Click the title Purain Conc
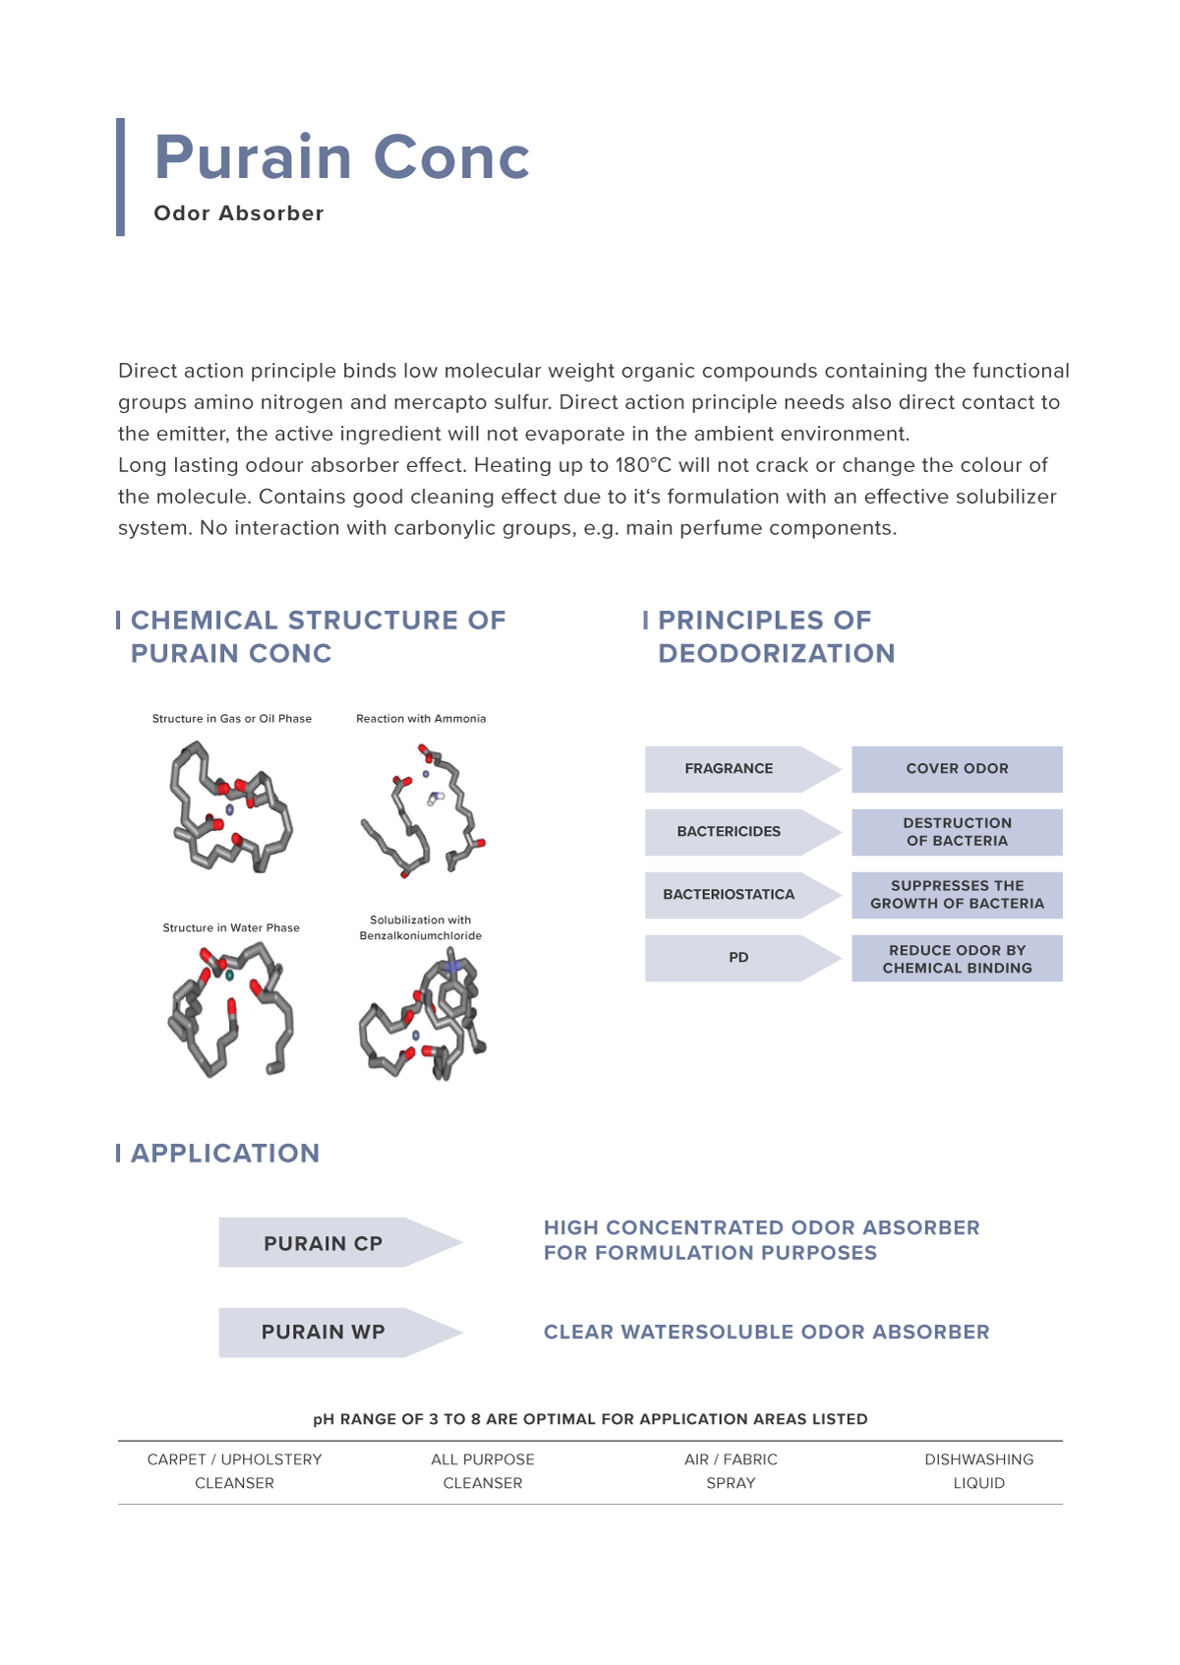tap(341, 157)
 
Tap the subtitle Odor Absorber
tap(239, 213)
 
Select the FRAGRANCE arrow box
tap(729, 769)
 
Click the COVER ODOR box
tap(957, 769)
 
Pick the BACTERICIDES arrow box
tap(729, 832)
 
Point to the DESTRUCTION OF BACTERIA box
tap(957, 832)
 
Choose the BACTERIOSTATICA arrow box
tap(729, 895)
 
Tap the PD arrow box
tap(738, 958)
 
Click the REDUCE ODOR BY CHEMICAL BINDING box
tap(957, 959)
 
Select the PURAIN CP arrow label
tap(324, 1243)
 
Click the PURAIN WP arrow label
tap(324, 1333)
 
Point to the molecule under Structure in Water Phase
tap(232, 1010)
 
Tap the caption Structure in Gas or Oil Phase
tap(232, 719)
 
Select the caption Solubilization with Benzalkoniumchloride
tap(421, 927)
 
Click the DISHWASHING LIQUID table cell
tap(978, 1471)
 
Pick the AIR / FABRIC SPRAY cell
tap(731, 1471)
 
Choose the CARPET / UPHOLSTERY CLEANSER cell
tap(234, 1471)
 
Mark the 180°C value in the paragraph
tap(643, 465)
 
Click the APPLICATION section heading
tap(225, 1154)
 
